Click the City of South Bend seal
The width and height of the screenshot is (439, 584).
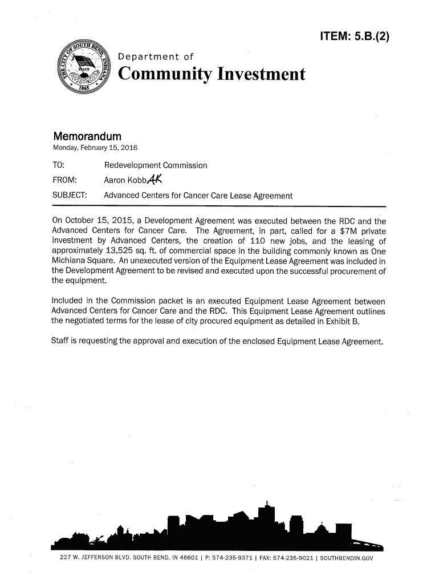pos(84,70)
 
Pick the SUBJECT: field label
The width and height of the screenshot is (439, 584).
pos(70,196)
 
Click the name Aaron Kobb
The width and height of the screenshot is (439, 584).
pos(121,181)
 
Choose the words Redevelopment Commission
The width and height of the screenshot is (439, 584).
pos(156,166)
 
